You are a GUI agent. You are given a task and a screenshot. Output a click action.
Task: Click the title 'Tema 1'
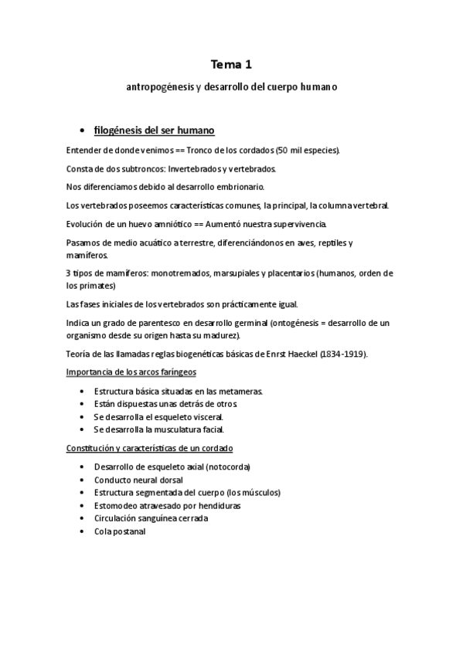point(231,66)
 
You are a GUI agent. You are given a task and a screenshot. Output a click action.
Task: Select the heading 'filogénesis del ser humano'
point(153,129)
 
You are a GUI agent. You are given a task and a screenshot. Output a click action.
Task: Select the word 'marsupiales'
point(235,273)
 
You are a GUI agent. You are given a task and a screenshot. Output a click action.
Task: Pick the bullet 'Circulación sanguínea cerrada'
point(151,518)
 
